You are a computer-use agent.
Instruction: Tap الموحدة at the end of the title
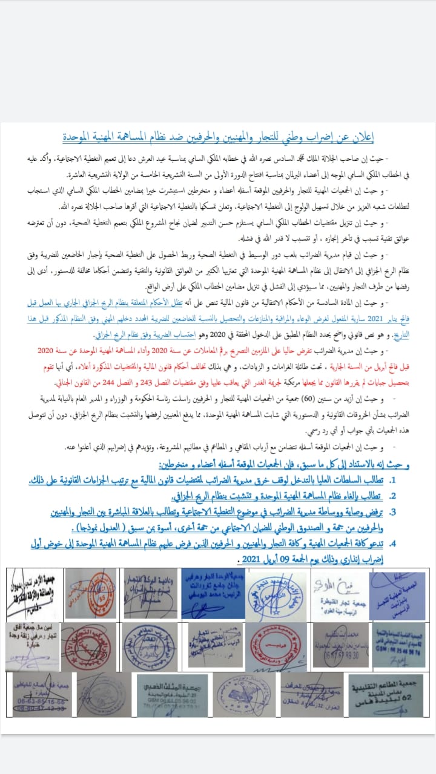81,137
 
